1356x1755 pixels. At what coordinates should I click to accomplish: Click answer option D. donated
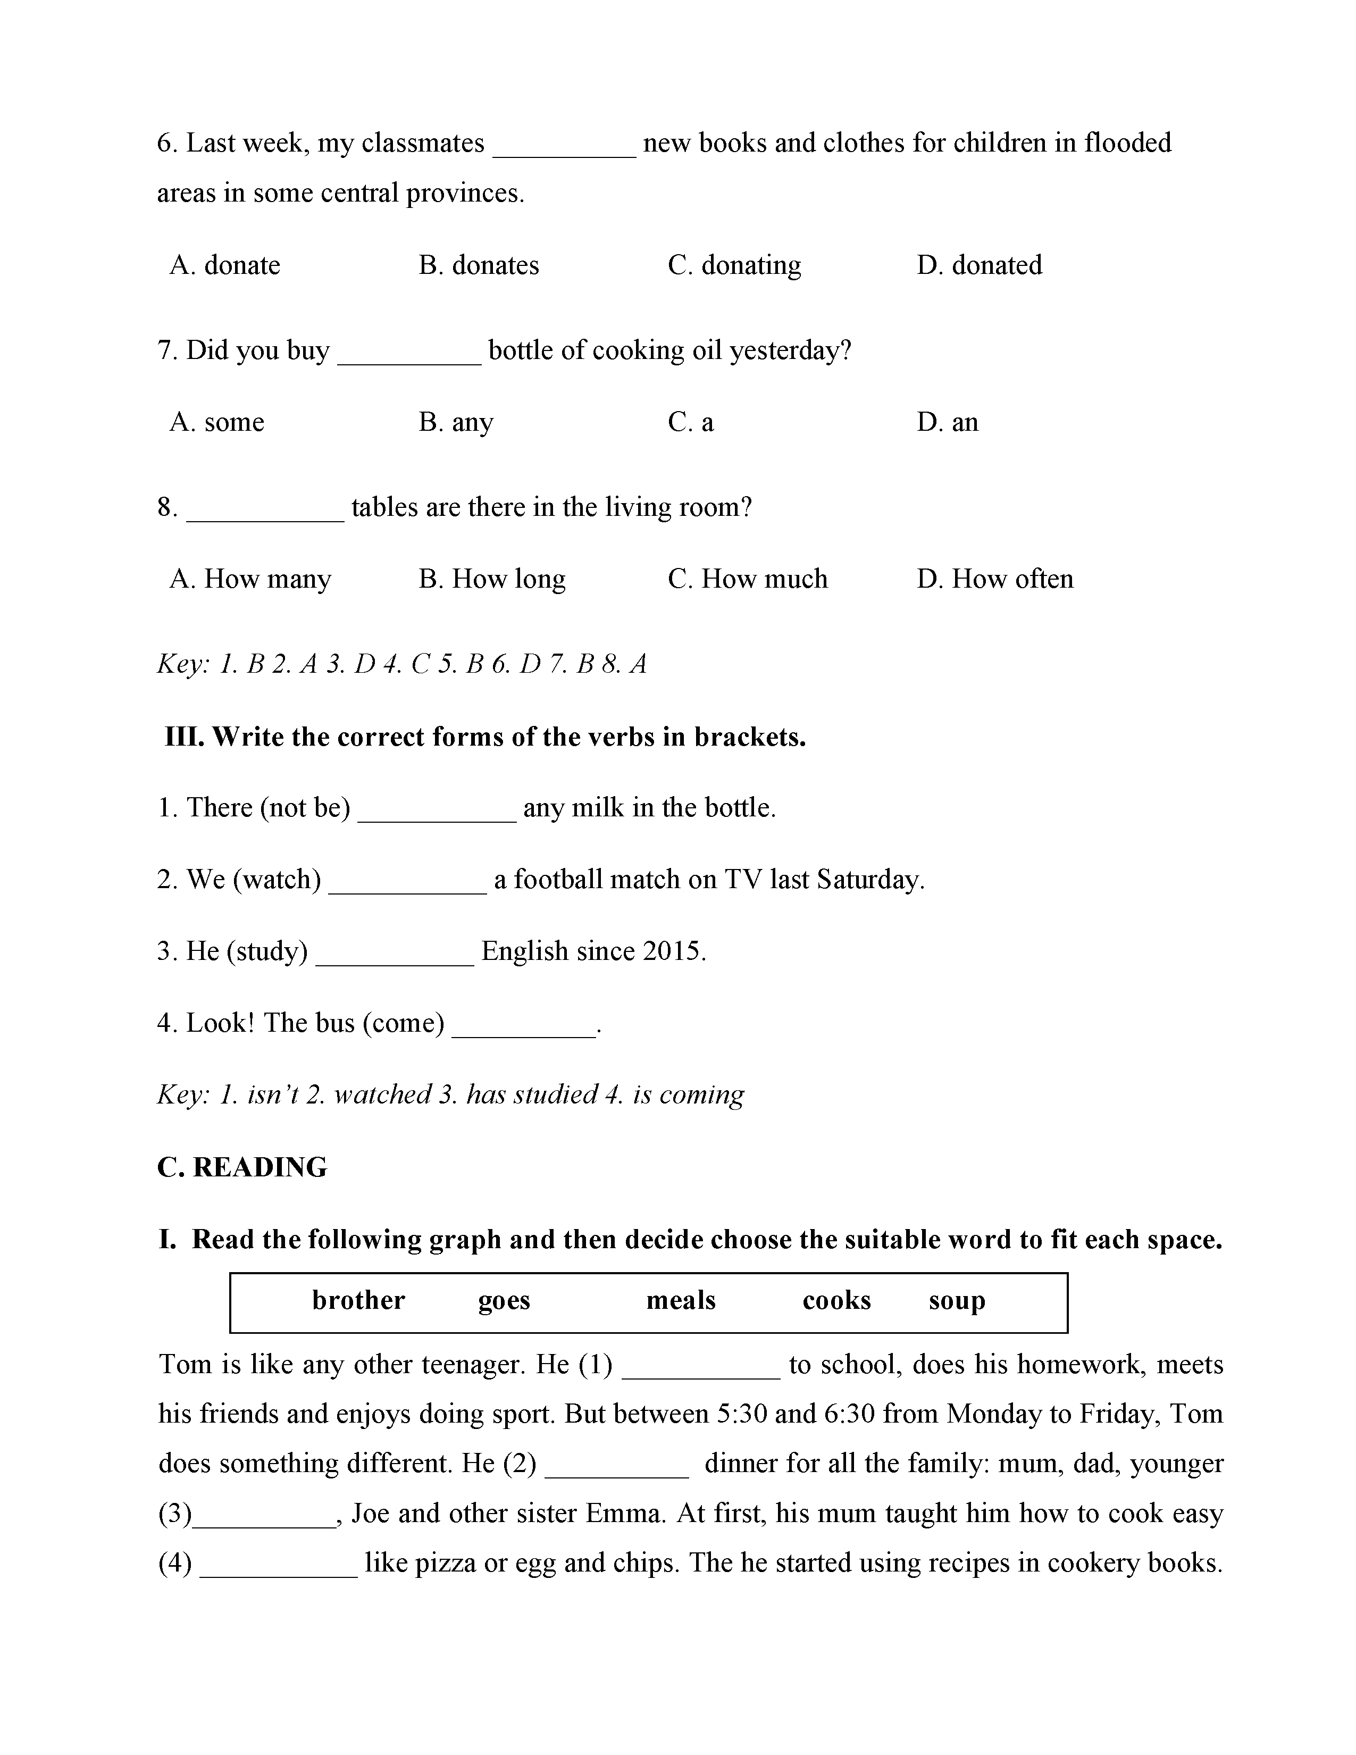[979, 265]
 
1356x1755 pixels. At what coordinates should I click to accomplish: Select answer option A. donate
[225, 265]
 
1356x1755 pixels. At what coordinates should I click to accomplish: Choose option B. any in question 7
[456, 422]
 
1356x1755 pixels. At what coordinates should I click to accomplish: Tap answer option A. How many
[250, 579]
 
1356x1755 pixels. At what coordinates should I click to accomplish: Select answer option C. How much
[747, 579]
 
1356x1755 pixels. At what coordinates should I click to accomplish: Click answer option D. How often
[994, 579]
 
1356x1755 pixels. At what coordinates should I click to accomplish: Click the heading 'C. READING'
[242, 1167]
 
